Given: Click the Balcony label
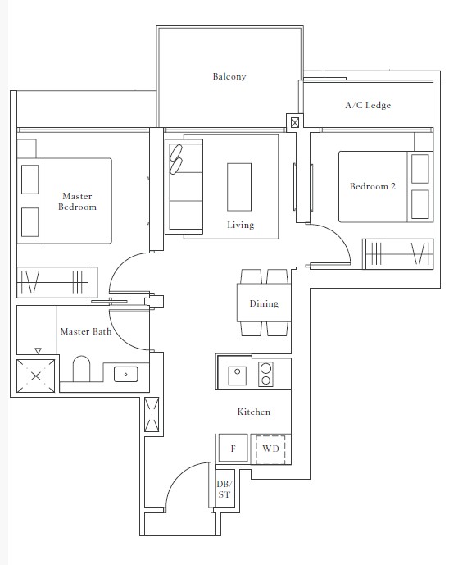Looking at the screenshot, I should tap(229, 77).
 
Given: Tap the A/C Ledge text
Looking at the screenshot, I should tap(366, 106).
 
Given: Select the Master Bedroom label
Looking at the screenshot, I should tap(77, 202).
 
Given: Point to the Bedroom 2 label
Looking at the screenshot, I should tap(372, 187).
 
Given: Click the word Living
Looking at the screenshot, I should tap(240, 225).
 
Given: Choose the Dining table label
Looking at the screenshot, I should tap(264, 303).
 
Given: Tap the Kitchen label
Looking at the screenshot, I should tap(253, 412).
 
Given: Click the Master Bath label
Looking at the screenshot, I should tap(85, 332).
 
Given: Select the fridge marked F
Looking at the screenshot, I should tap(233, 449).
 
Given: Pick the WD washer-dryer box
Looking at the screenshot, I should tap(271, 449).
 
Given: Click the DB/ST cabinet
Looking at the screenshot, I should tap(224, 490).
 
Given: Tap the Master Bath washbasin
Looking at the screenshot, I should tap(125, 374).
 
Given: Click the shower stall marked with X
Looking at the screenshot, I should tap(36, 376).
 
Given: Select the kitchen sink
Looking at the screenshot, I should tap(236, 373).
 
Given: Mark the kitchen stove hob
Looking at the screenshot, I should tap(265, 374).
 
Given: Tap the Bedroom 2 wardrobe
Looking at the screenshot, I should tap(397, 254).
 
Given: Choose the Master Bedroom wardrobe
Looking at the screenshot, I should tap(56, 282).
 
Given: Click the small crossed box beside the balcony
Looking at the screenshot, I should tap(294, 122).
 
